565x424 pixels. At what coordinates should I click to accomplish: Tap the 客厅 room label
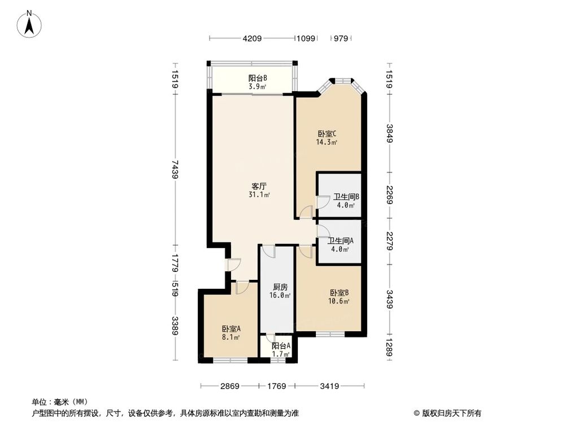259,185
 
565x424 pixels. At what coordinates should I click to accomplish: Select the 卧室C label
327,134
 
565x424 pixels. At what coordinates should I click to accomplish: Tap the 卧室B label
339,293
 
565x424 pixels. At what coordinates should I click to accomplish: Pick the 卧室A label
231,329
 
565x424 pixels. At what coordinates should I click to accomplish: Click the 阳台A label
280,346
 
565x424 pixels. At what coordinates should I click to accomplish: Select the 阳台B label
258,78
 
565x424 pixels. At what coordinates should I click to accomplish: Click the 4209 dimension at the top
252,38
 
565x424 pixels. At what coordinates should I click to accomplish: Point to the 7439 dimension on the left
175,169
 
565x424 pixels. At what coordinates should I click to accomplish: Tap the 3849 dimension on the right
389,133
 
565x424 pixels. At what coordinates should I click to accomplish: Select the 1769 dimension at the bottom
276,386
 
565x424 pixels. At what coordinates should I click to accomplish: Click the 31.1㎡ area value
259,194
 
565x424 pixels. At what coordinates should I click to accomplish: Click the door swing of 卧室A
242,288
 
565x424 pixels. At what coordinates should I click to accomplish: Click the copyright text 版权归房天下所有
450,413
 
